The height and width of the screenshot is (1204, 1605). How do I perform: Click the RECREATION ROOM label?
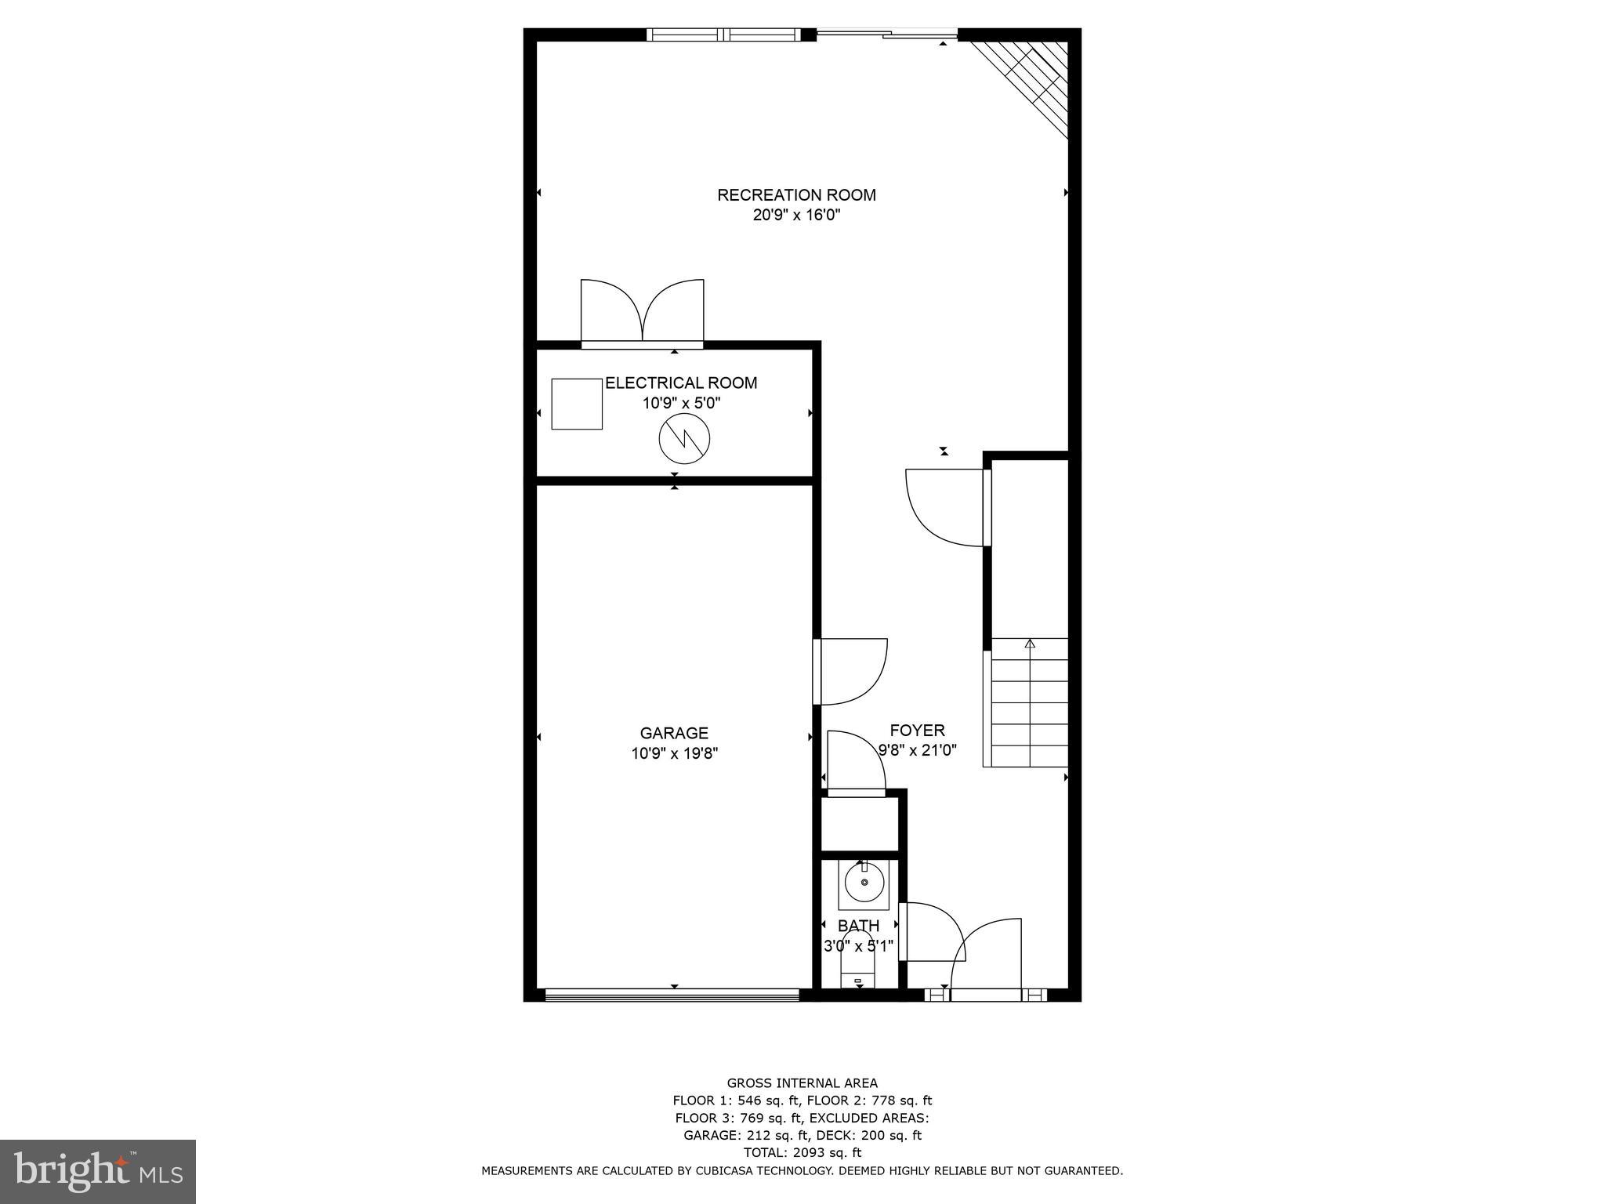click(796, 194)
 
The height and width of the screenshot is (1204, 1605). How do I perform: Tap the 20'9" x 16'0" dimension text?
click(796, 216)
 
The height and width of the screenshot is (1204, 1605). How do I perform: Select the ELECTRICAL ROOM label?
click(681, 383)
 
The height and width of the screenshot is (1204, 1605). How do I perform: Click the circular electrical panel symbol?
click(683, 438)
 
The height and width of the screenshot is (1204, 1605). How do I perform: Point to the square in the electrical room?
click(577, 404)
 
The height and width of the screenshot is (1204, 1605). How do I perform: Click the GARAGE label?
click(674, 733)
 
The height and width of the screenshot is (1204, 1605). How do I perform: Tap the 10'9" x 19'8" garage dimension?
click(674, 754)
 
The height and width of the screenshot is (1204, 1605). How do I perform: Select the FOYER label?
click(917, 731)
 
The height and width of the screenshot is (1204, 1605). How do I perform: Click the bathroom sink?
click(864, 882)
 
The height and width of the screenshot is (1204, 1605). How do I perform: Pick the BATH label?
click(858, 926)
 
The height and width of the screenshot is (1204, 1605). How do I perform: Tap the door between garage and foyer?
click(850, 672)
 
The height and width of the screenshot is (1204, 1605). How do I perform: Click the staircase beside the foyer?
click(1029, 703)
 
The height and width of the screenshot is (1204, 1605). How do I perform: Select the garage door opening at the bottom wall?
click(672, 995)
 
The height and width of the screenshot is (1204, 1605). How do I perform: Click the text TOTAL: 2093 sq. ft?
click(802, 1152)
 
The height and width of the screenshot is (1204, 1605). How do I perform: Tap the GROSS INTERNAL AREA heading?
click(802, 1083)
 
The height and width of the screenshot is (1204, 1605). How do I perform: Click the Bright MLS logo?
click(98, 1171)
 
